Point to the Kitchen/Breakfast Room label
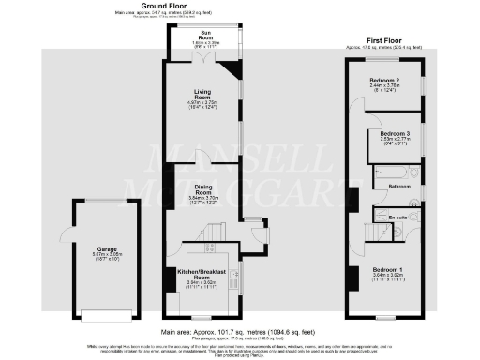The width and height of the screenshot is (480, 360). (x=200, y=276)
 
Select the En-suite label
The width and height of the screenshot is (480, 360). (x=399, y=217)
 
